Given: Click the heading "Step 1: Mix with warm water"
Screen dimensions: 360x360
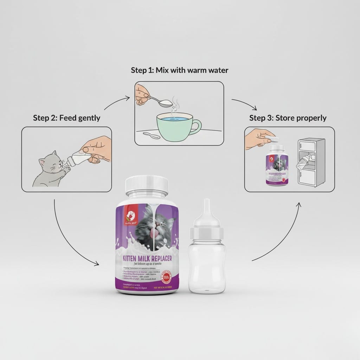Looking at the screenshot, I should [x=179, y=70].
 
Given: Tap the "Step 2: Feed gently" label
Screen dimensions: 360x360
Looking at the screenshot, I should [x=66, y=118].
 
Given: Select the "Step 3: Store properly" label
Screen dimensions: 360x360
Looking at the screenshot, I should [x=288, y=118].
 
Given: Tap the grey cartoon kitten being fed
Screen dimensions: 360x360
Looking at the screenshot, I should [x=49, y=168].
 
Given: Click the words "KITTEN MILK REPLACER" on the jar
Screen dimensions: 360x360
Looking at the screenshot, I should [x=147, y=259].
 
